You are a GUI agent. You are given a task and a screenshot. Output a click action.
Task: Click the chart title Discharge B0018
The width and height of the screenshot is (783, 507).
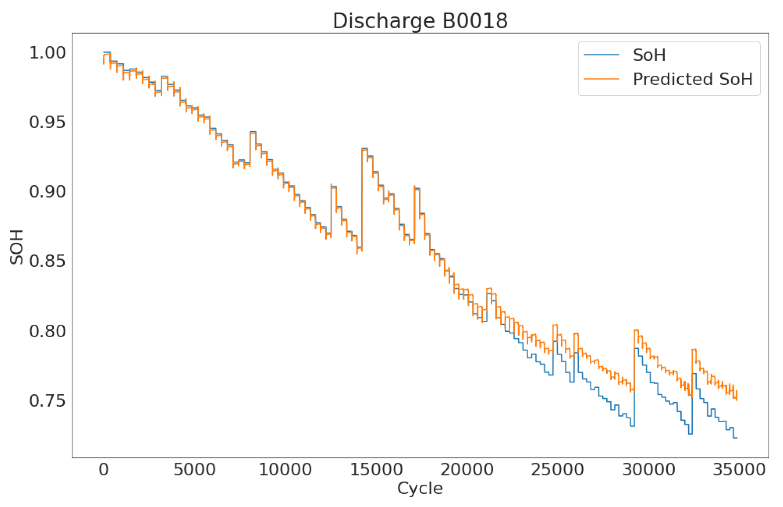point(420,21)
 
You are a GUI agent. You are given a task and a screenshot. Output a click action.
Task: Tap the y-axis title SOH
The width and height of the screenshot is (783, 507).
point(17,247)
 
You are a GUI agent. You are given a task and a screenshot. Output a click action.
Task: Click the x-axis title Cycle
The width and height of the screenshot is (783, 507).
point(420,489)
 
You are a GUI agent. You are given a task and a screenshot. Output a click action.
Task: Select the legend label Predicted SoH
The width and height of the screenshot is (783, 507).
point(692,79)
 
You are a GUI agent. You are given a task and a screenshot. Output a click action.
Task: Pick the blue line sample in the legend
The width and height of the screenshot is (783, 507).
point(601,55)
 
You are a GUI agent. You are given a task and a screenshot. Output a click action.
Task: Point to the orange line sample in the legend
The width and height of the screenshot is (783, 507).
point(601,79)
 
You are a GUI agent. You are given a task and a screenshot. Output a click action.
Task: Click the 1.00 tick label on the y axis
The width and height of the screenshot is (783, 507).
point(47,53)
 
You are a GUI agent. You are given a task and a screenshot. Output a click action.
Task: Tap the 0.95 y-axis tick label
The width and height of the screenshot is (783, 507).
point(47,123)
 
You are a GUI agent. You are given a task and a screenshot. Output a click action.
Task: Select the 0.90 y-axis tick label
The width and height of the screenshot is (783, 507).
point(47,192)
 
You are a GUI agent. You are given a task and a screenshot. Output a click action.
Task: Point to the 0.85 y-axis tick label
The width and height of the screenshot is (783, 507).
point(47,262)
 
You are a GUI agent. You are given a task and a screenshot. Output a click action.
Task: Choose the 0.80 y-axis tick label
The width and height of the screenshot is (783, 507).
point(47,331)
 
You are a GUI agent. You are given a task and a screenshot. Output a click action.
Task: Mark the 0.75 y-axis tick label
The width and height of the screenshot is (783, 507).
point(47,401)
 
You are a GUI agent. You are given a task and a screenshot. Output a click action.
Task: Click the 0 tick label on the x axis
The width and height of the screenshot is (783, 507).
point(103,470)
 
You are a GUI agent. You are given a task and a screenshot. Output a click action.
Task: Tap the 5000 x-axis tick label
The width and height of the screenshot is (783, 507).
point(194,470)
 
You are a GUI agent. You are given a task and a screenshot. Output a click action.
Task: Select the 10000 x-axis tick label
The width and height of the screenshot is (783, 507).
point(285,470)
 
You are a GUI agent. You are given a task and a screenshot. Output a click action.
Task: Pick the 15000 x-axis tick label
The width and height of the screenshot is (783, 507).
point(376,470)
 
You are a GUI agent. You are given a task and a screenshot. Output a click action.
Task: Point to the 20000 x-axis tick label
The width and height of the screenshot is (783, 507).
point(467,470)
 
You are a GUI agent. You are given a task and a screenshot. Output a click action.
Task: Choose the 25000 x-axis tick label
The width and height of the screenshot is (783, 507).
point(557,470)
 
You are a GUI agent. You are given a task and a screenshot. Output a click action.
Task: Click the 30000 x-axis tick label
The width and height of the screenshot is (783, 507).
point(649,470)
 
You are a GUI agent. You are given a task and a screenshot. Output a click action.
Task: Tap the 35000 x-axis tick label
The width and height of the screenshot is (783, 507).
point(739,470)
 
